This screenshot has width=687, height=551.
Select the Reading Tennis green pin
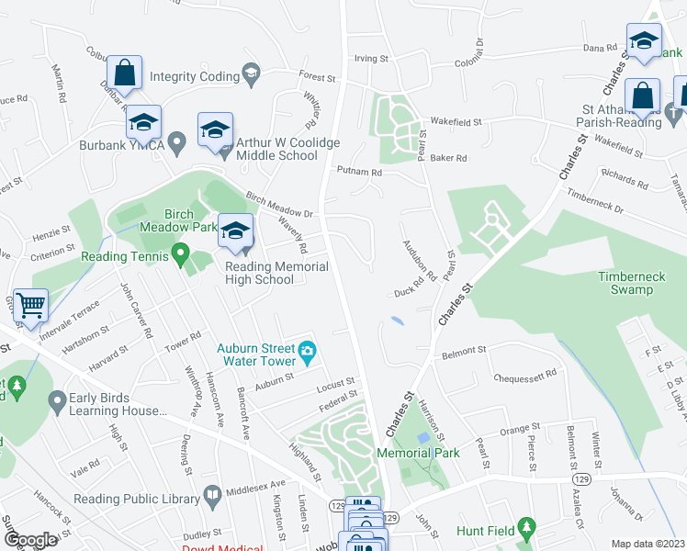point(180,251)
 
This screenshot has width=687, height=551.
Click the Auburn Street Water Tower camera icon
point(308,350)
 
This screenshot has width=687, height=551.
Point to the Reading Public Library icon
point(212,497)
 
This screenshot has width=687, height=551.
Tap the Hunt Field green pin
point(525,527)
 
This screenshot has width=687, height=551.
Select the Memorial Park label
point(418,453)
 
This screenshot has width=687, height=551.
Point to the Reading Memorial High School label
point(276,273)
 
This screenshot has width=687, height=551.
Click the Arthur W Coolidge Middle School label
point(287,149)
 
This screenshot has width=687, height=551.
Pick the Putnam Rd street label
point(359,172)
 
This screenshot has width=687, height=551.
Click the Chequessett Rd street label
point(525,374)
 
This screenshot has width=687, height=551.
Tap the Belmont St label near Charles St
point(463,351)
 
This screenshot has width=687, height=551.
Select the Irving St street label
point(372,58)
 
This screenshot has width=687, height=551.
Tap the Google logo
point(31,540)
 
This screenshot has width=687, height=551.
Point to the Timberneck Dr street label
point(595,202)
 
